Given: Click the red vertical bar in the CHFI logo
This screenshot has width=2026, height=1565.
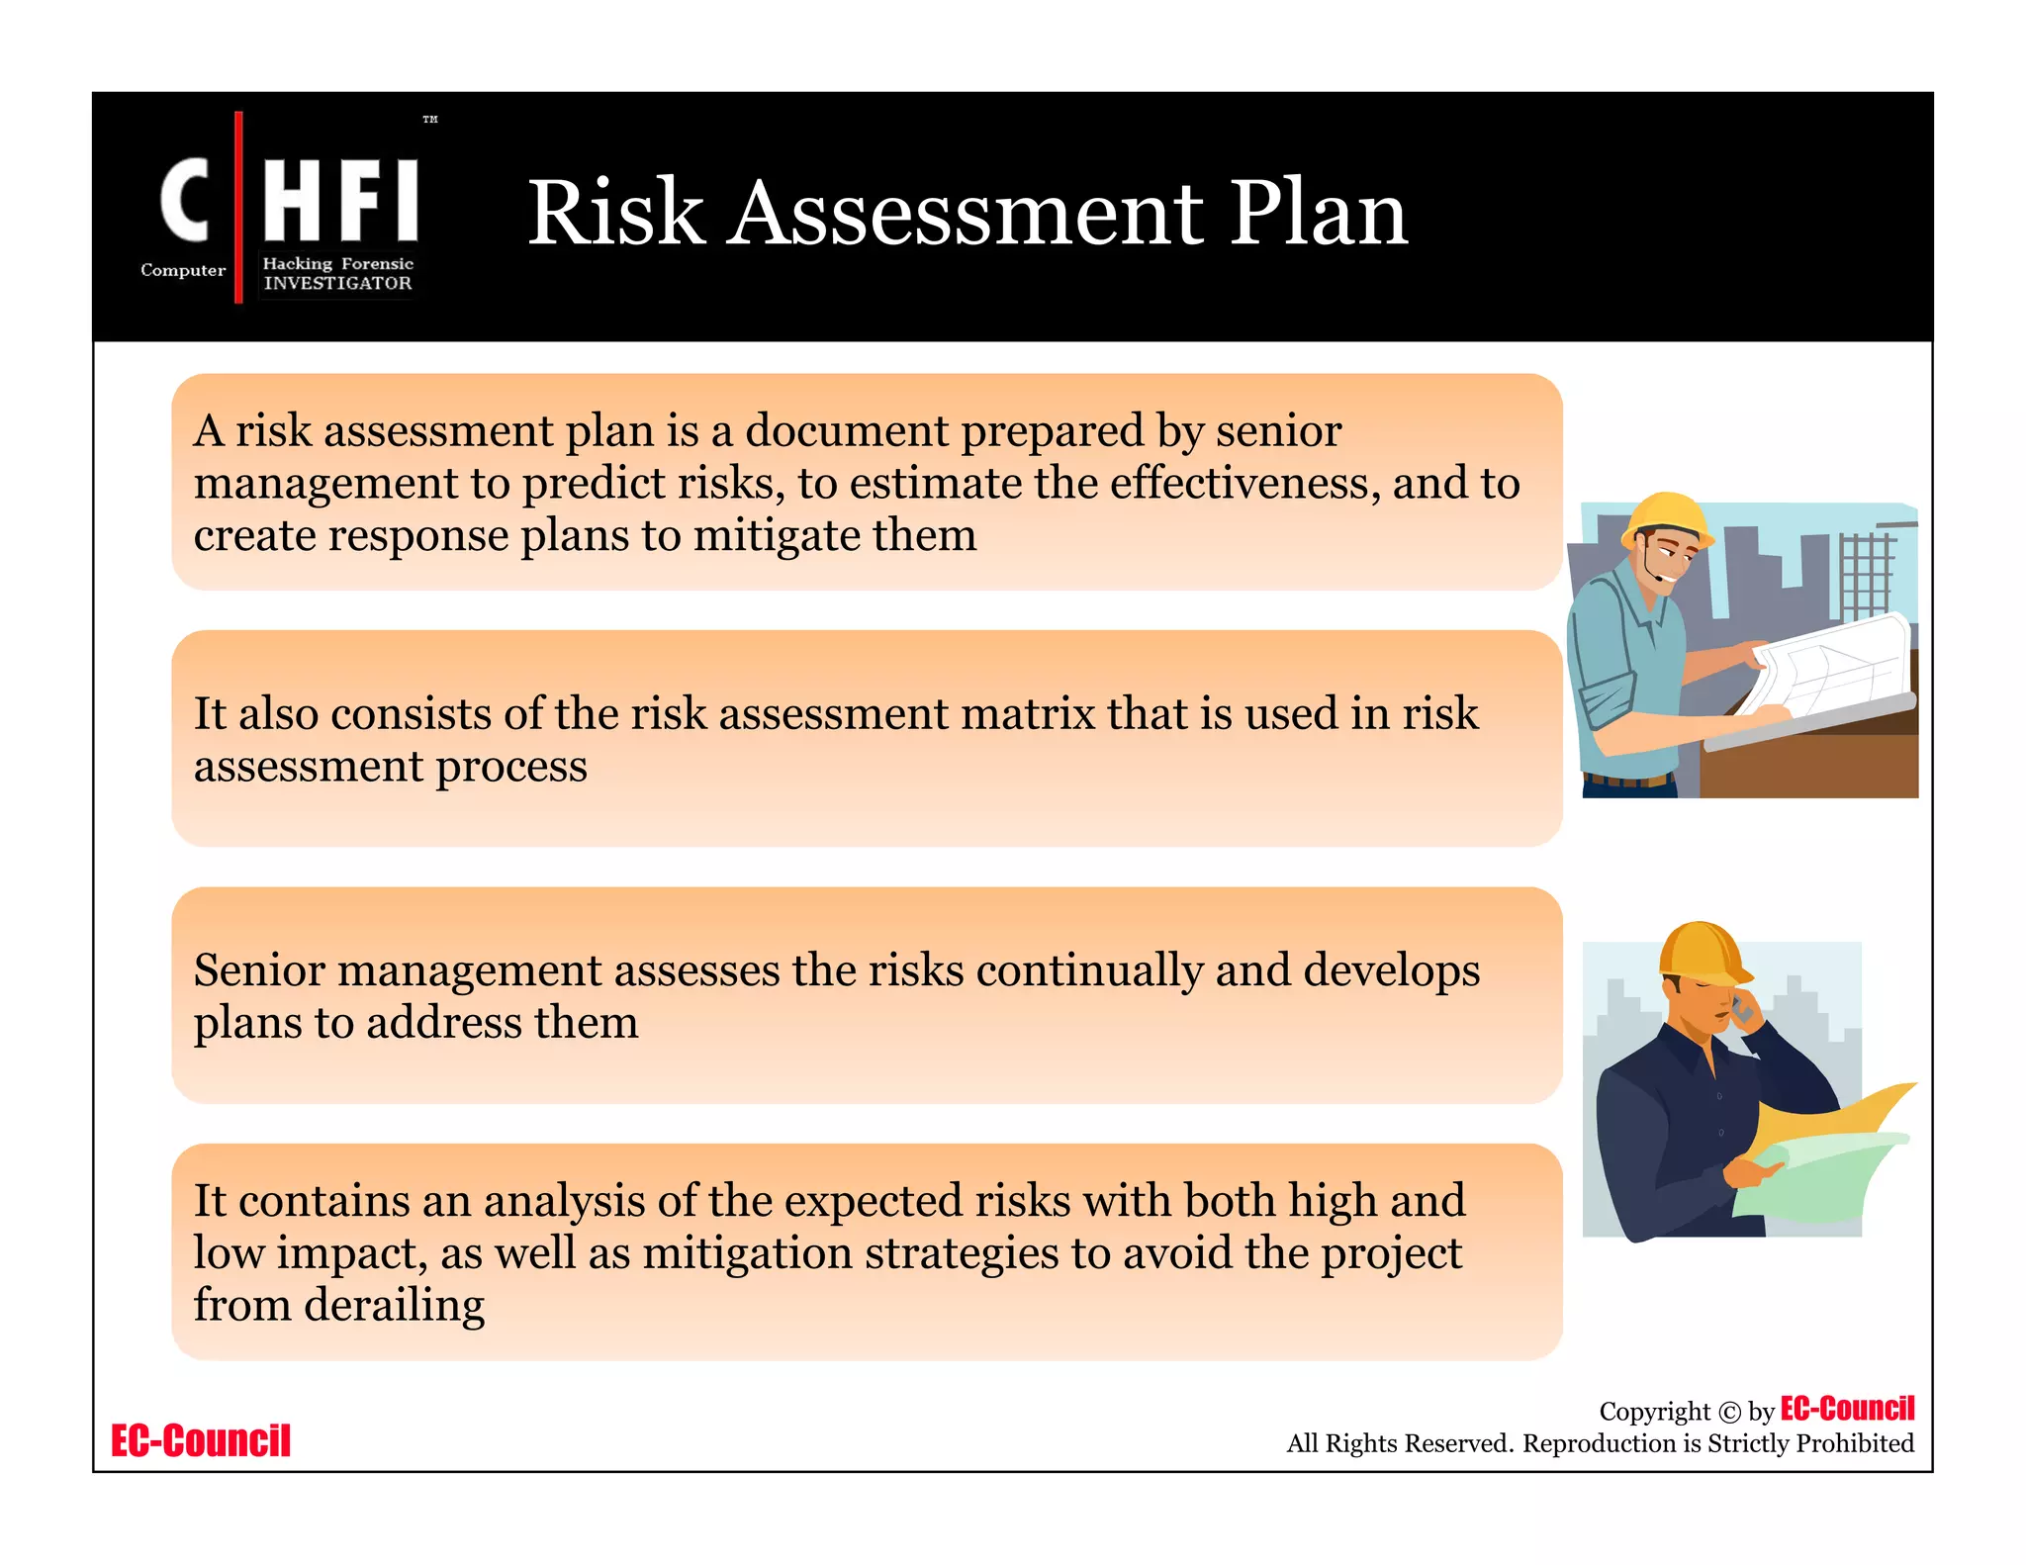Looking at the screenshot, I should click(x=238, y=207).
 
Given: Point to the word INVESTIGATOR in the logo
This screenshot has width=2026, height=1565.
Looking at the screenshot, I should click(x=337, y=283).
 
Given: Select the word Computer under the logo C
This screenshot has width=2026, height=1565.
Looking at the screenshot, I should click(x=183, y=270).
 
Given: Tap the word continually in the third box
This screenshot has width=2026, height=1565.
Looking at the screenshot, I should click(x=1090, y=970).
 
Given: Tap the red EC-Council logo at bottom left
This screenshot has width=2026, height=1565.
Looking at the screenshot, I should click(x=201, y=1440).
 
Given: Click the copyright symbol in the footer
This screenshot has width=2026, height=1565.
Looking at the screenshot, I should click(x=1728, y=1413).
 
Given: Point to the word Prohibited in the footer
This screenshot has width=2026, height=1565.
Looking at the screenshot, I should click(x=1854, y=1443).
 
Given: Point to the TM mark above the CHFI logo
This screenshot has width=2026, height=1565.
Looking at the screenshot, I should click(x=430, y=120).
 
